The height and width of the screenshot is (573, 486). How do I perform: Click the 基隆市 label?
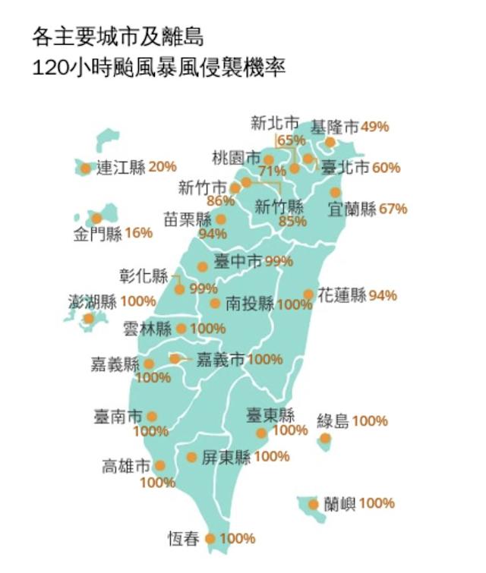[335, 127]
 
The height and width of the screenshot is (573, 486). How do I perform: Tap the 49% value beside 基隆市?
[374, 127]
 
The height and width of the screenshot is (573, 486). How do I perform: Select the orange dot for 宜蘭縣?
[335, 193]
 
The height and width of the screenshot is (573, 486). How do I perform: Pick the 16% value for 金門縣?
[138, 233]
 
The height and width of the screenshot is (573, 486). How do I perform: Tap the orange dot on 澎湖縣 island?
[89, 318]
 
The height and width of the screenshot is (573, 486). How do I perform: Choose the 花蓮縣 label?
[342, 294]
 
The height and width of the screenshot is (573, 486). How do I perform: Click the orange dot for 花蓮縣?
[308, 294]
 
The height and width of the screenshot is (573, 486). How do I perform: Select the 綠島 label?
[333, 420]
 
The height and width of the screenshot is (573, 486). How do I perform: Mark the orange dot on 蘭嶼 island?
[313, 504]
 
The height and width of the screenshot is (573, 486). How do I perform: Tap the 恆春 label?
[184, 540]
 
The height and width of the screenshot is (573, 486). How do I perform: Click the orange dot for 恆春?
[210, 539]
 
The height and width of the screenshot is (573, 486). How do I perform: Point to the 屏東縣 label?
[226, 458]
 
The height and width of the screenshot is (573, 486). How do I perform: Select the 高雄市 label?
[125, 466]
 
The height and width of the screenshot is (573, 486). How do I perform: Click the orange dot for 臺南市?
[152, 417]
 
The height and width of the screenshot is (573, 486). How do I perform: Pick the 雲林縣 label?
[147, 329]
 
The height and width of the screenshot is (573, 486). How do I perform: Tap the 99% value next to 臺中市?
[279, 261]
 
